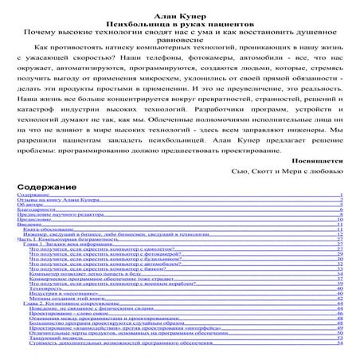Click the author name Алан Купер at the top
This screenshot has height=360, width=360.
point(179,6)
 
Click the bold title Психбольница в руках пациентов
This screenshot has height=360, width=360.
point(179,15)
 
